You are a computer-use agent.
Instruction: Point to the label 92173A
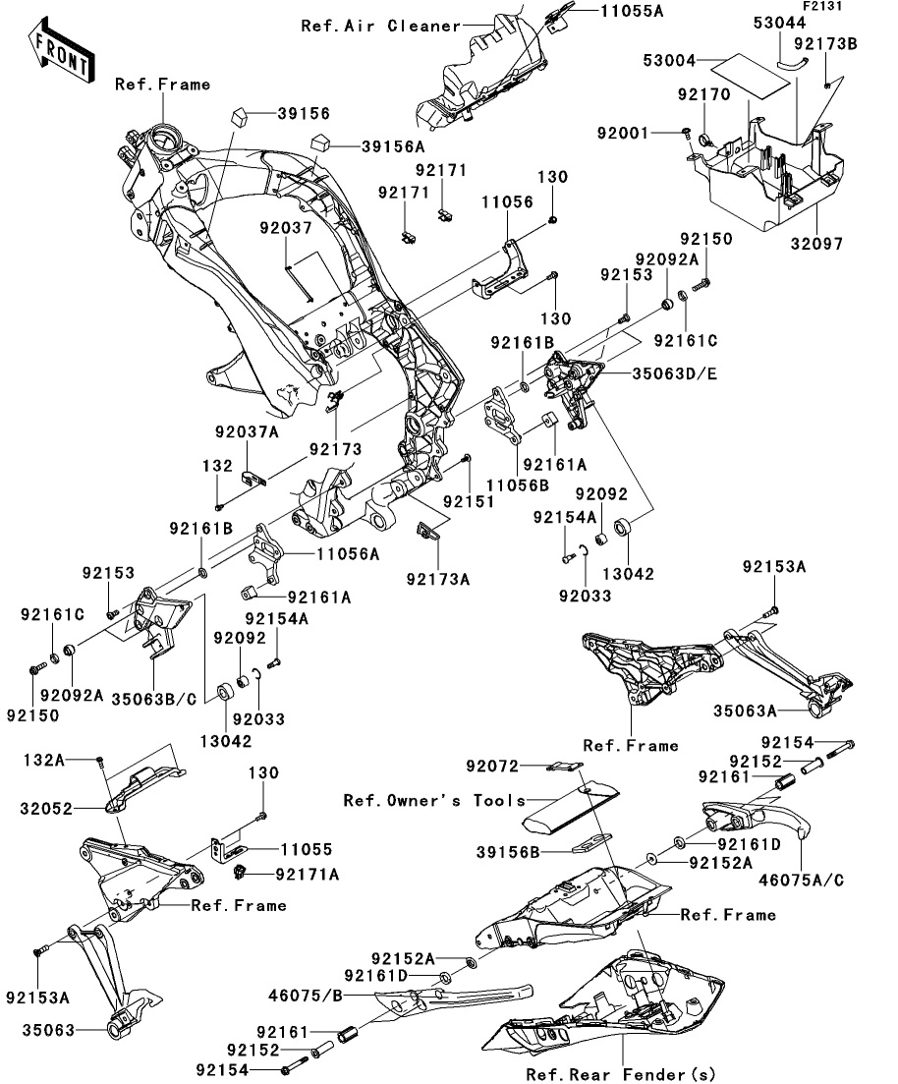click(438, 579)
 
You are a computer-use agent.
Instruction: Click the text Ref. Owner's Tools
click(435, 801)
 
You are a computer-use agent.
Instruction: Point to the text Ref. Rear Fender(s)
click(621, 1073)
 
